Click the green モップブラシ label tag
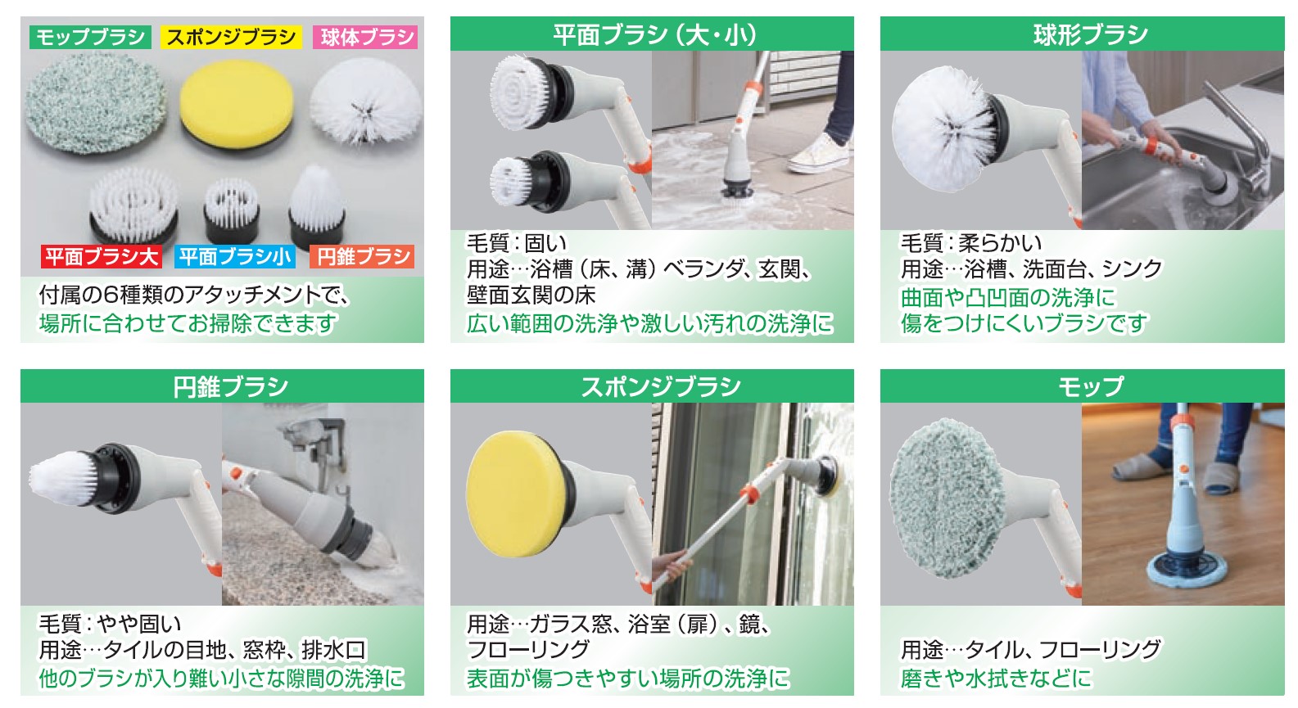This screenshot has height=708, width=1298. (x=90, y=37)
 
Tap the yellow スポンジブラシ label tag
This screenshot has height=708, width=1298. (x=231, y=37)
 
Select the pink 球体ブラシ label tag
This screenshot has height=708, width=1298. (x=365, y=37)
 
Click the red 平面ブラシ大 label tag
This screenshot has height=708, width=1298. (x=102, y=257)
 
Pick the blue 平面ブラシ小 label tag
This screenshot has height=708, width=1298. (x=235, y=257)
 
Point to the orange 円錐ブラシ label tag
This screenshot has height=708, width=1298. (x=362, y=257)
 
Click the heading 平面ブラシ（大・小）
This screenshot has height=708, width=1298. (x=654, y=34)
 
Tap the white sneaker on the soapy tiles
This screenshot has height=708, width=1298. (x=818, y=155)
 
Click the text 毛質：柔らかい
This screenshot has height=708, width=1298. (x=970, y=243)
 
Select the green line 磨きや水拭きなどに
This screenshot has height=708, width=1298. (x=995, y=678)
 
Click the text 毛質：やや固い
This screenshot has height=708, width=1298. (x=110, y=624)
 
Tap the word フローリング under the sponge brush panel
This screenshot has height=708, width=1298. (x=528, y=650)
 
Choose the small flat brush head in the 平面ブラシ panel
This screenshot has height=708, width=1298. (x=511, y=182)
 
